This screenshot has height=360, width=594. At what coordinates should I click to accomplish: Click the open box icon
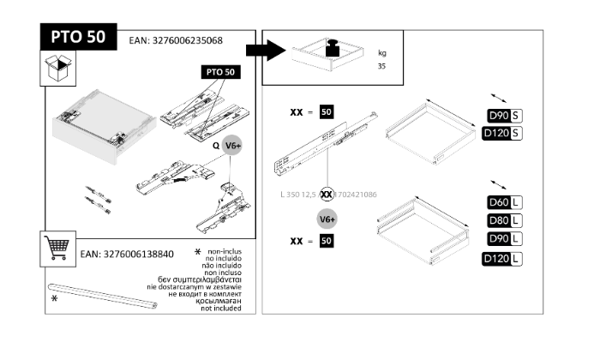tap(58, 69)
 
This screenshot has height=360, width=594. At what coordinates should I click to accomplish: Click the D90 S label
tap(504, 116)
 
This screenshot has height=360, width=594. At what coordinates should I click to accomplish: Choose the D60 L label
tap(504, 202)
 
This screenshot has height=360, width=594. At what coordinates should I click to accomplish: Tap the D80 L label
tap(504, 220)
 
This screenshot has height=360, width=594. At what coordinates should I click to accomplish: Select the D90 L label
tap(504, 238)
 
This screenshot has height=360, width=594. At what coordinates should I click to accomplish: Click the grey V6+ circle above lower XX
tap(327, 219)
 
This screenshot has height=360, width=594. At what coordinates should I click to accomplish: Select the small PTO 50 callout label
tap(219, 73)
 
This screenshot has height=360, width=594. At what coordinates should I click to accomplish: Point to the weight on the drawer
tap(333, 47)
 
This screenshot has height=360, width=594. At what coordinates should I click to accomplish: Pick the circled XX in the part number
tap(327, 195)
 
